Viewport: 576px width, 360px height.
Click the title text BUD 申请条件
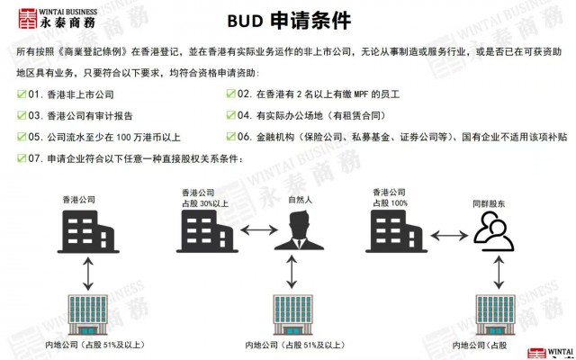coord(288,21)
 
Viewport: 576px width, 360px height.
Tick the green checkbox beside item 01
coord(22,94)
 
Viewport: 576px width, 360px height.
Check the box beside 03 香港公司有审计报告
coord(22,115)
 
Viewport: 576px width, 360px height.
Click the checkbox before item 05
coord(22,137)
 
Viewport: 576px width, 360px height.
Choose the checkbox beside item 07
coord(22,158)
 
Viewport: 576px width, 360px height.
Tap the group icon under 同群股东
coord(493,231)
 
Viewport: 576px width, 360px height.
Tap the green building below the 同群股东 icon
coord(493,314)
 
